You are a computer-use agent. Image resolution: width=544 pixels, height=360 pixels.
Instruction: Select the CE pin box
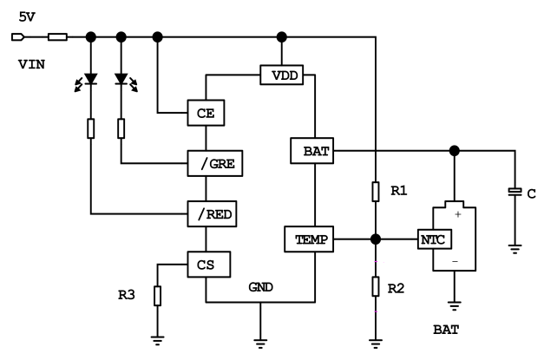(x=206, y=113)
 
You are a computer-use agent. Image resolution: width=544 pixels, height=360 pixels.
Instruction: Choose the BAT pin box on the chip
(x=311, y=151)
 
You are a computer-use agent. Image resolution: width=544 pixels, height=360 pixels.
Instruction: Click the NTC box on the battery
(x=432, y=239)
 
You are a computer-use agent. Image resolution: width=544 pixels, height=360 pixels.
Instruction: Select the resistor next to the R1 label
(x=375, y=191)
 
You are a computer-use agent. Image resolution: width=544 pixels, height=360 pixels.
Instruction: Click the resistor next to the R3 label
(x=157, y=296)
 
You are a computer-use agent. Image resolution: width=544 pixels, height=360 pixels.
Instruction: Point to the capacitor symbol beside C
(x=514, y=192)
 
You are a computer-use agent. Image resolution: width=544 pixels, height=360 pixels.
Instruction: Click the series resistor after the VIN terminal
(x=57, y=37)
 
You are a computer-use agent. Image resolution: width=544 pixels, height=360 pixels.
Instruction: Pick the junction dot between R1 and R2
(x=375, y=239)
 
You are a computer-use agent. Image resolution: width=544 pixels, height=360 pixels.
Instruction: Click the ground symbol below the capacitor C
(x=514, y=249)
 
